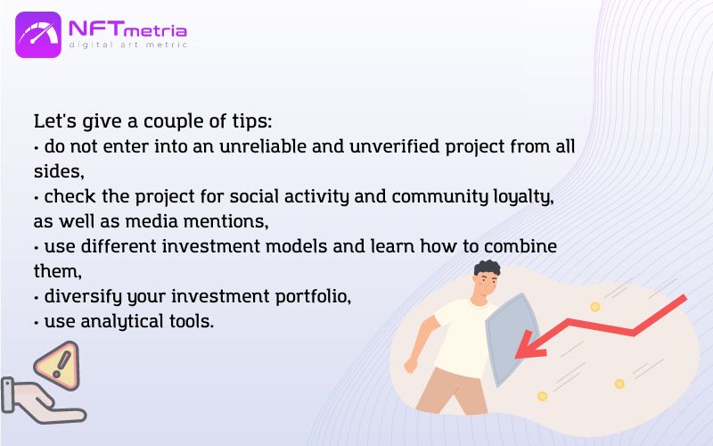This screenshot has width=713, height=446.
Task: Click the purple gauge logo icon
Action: [38, 35]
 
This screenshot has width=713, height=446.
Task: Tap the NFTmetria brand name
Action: [127, 29]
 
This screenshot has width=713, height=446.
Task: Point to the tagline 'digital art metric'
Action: [127, 45]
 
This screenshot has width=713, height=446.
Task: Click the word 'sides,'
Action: [59, 171]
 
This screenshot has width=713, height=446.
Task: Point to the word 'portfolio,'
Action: [314, 297]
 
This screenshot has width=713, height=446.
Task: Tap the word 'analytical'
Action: [122, 322]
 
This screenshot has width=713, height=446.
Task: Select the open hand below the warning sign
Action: [43, 401]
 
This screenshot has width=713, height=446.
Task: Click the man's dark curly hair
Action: [487, 268]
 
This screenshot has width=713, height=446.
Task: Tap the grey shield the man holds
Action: [512, 339]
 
